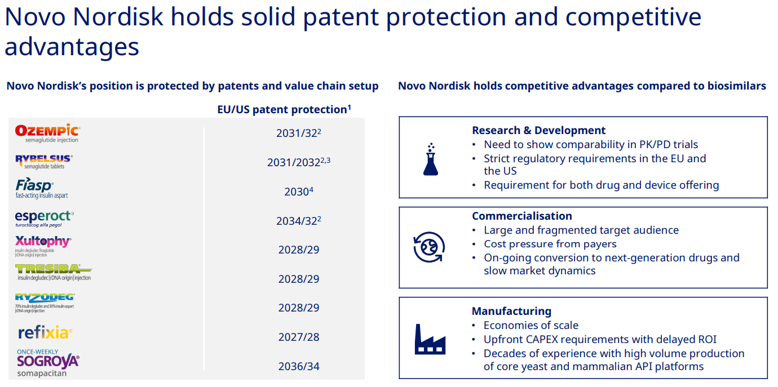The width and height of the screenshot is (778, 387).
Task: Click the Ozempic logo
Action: (47, 133)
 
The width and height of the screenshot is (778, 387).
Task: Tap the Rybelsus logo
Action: (44, 162)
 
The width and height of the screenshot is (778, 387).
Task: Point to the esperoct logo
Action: (44, 218)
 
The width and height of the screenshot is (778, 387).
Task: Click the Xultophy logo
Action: (43, 246)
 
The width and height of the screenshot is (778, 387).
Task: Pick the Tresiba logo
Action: (54, 273)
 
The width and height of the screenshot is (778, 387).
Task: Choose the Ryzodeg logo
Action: (45, 302)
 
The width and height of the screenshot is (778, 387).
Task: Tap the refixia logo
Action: (45, 333)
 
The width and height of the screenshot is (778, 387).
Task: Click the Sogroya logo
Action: (48, 363)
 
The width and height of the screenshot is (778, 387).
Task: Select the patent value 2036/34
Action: (299, 367)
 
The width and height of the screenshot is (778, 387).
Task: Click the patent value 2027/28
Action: (299, 337)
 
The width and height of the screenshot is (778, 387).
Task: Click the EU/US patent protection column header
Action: (284, 109)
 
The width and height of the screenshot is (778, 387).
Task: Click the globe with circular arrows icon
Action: (430, 248)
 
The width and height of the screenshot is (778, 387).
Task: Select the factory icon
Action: (430, 339)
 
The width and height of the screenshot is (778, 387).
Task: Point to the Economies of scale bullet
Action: (531, 326)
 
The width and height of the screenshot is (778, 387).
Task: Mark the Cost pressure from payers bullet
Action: (550, 244)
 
